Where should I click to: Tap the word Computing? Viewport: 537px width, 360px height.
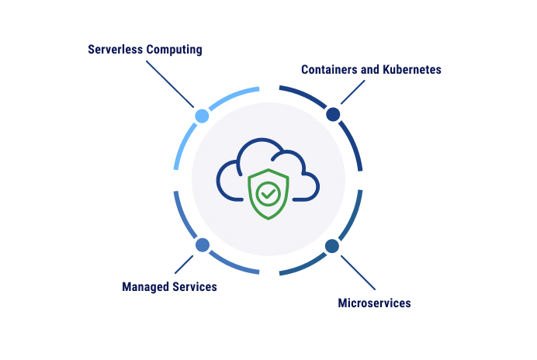click(175, 50)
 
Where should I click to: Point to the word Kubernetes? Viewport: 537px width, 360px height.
click(412, 69)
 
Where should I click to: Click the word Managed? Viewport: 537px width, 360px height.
click(145, 287)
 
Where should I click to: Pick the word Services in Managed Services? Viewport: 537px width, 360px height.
click(193, 287)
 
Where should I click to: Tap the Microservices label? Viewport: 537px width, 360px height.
click(374, 303)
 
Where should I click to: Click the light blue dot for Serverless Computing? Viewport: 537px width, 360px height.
click(202, 116)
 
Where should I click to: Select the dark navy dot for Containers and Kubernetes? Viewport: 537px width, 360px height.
click(333, 115)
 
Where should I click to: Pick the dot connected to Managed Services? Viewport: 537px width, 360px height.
click(203, 245)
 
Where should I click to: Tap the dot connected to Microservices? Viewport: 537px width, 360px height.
click(332, 246)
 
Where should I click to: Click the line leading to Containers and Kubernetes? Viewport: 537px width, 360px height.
click(353, 92)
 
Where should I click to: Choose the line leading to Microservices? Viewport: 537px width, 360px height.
click(355, 271)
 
